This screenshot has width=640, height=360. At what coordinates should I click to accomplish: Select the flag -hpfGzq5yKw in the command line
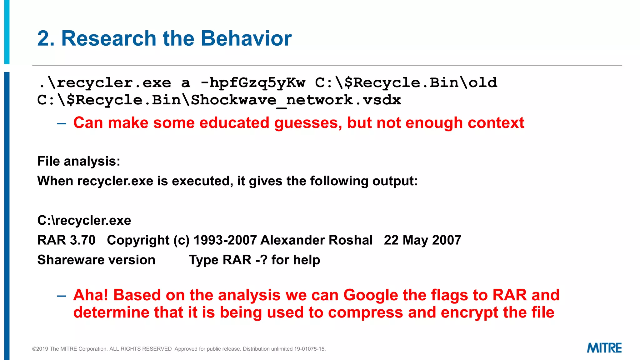(252, 83)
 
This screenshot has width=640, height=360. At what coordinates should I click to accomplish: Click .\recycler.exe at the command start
(105, 83)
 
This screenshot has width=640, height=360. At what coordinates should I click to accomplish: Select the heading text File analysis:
(79, 161)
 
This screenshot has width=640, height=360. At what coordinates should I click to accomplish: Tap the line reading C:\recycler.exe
(84, 221)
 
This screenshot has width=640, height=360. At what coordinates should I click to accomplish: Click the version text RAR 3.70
(66, 240)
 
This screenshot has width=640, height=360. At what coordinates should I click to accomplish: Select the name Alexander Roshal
(316, 240)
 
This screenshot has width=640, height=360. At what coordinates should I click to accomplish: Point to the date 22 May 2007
(422, 240)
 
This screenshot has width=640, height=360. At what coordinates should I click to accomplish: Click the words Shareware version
(96, 260)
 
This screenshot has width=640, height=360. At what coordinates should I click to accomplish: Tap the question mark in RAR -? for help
(264, 260)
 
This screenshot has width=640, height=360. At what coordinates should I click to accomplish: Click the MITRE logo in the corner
(604, 348)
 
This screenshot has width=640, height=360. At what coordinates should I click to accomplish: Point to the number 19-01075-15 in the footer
(309, 349)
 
